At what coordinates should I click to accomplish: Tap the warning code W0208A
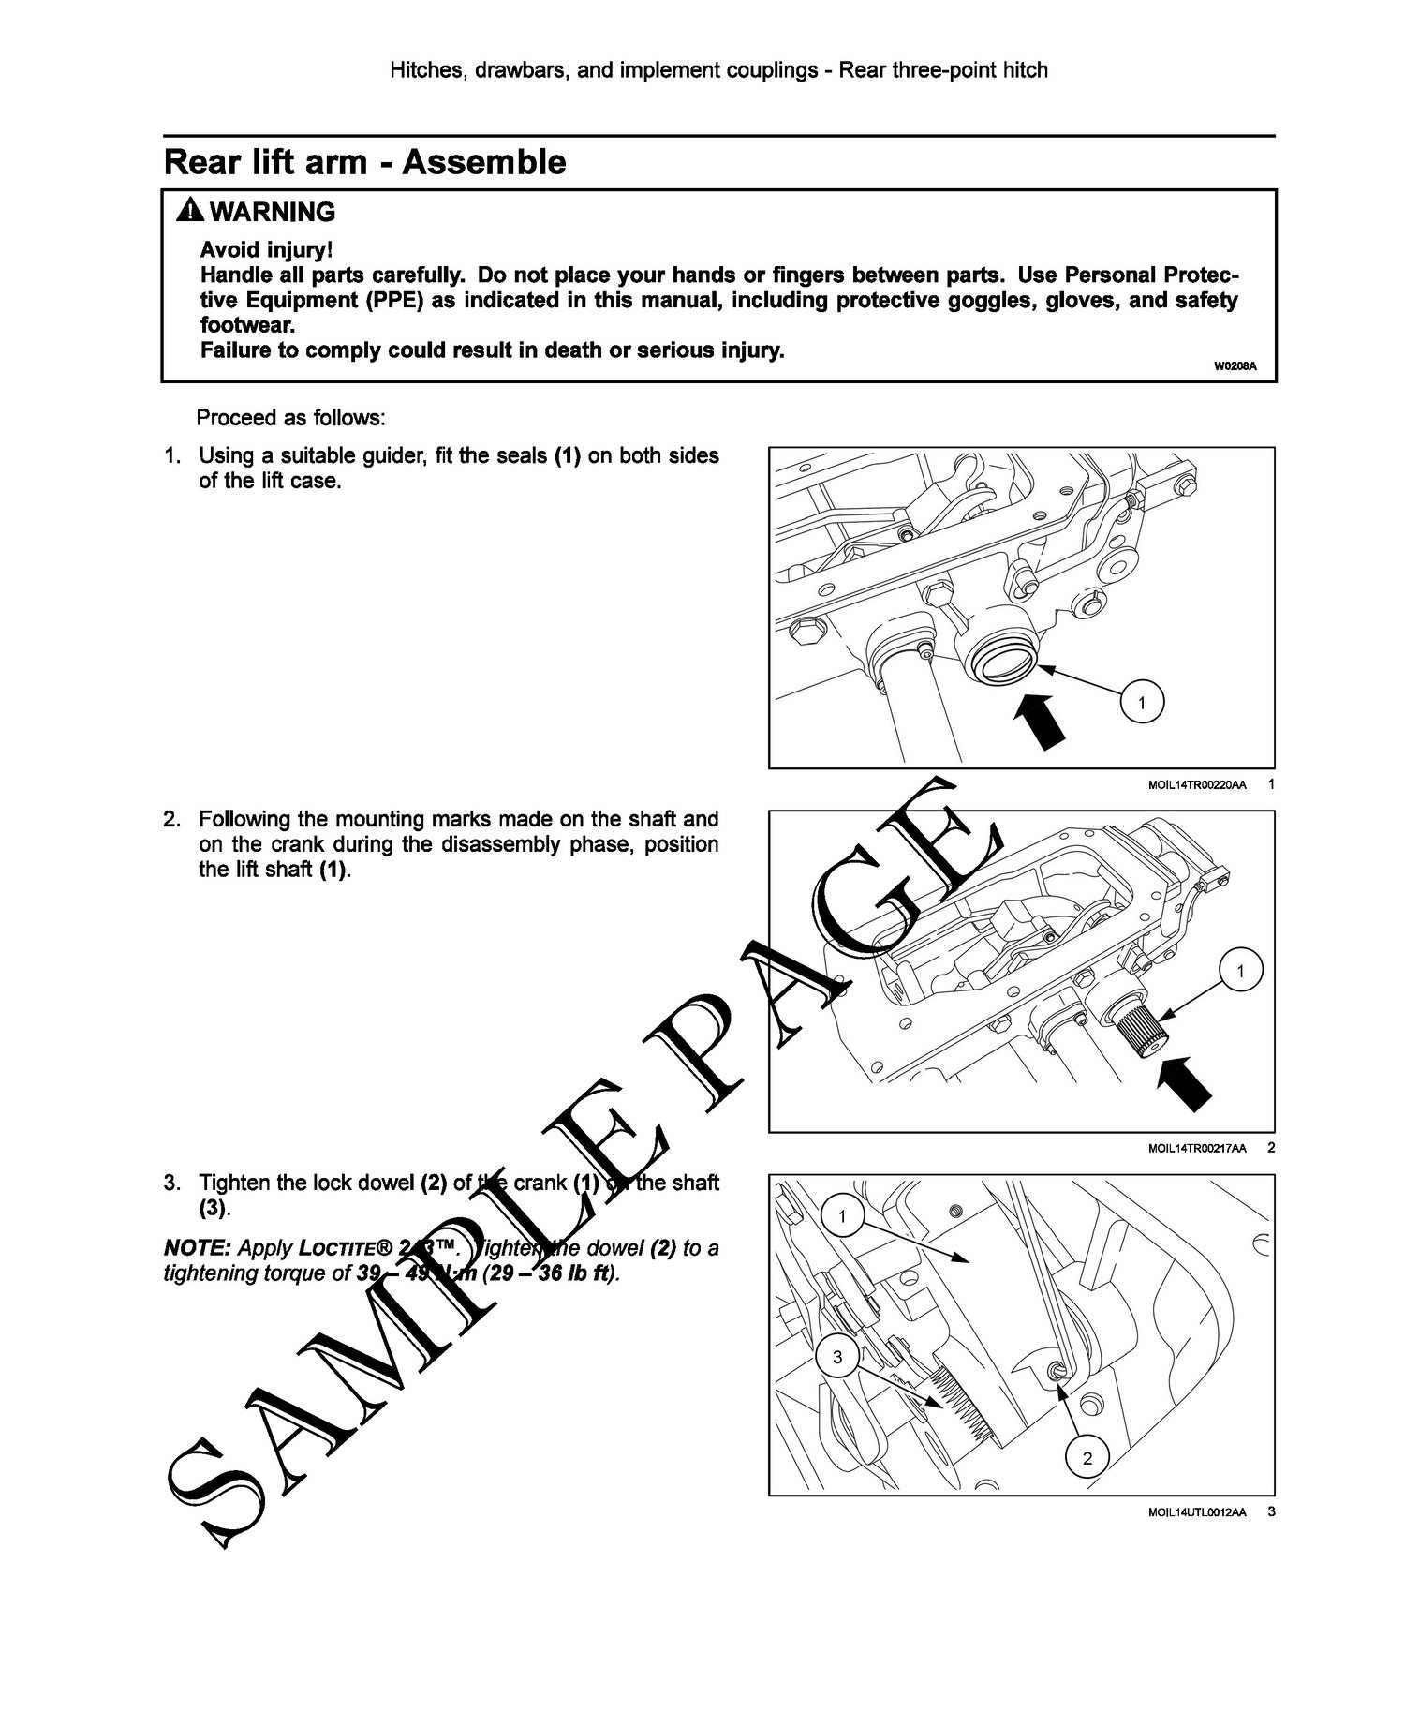pos(1234,366)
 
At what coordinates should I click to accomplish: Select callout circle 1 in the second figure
pos(1239,972)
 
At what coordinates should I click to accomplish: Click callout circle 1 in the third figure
pos(842,1217)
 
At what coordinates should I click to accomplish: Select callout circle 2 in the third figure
pos(1087,1458)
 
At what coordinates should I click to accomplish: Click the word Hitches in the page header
pos(425,70)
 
